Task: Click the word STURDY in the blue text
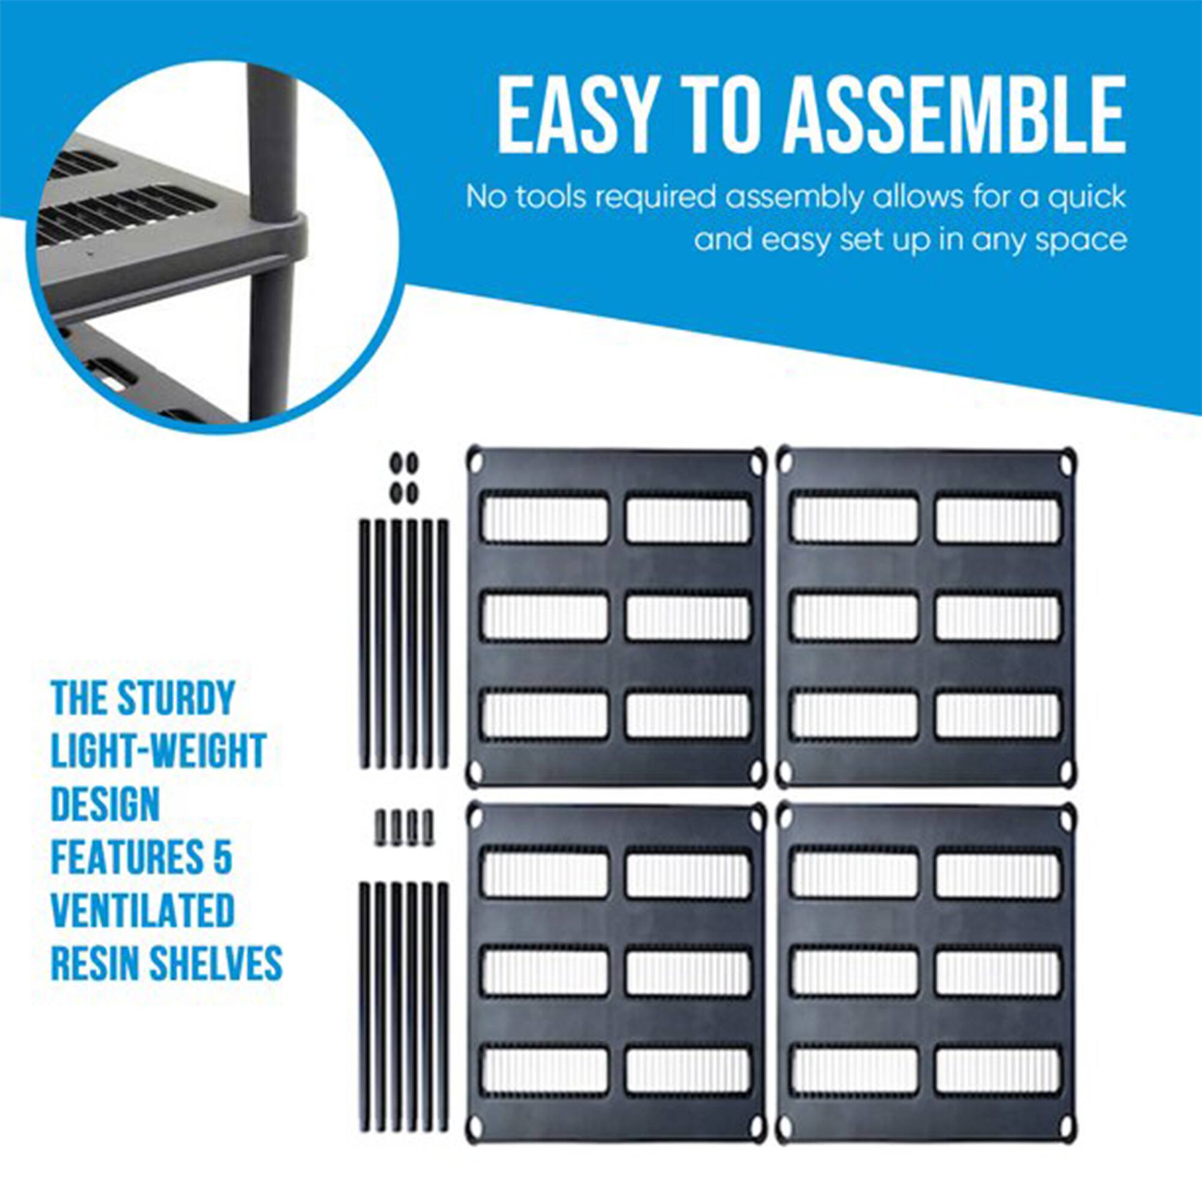pos(176,698)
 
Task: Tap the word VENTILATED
pos(142,910)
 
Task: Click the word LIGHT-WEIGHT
pos(159,751)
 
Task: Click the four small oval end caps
pos(404,478)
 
